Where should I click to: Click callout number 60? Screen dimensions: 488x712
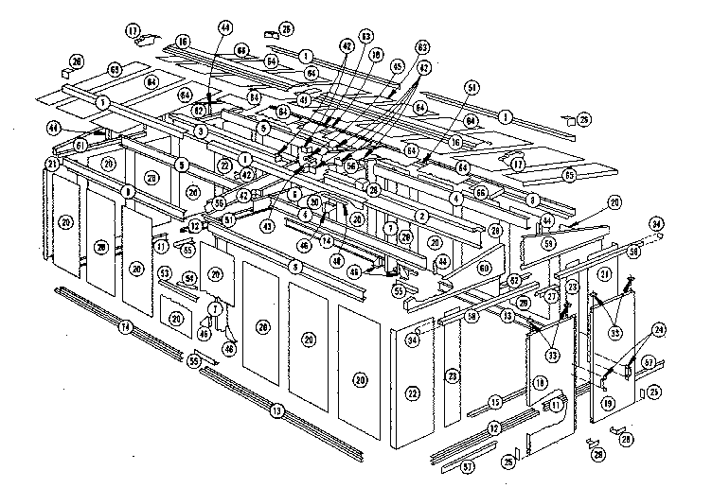pos(483,269)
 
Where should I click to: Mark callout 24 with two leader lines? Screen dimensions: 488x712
pos(658,330)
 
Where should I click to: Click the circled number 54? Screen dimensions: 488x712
pos(188,278)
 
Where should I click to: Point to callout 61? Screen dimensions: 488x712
pos(81,145)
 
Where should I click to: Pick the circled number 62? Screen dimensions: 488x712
pos(200,111)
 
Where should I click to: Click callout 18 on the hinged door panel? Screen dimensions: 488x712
pos(541,383)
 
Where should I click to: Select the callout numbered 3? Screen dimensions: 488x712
pos(202,131)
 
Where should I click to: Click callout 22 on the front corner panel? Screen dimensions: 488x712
pos(412,392)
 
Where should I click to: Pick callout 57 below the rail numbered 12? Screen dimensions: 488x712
pos(466,467)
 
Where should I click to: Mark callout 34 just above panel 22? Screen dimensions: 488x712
pos(413,340)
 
